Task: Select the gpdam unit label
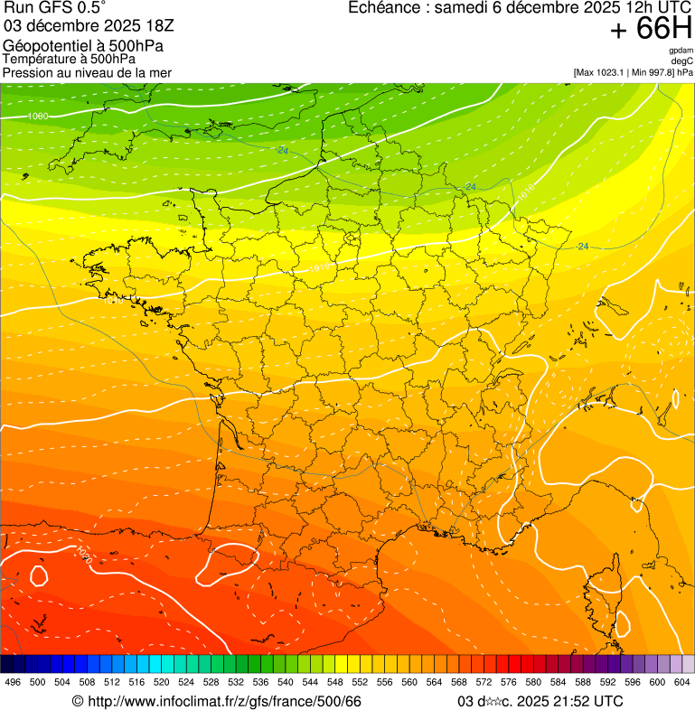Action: pos(681,51)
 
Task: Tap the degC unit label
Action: pos(682,61)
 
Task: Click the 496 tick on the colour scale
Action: pos(13,682)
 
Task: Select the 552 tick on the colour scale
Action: pos(360,682)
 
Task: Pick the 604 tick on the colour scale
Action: pos(682,682)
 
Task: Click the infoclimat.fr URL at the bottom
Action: pos(217,701)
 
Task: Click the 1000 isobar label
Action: pos(38,117)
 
